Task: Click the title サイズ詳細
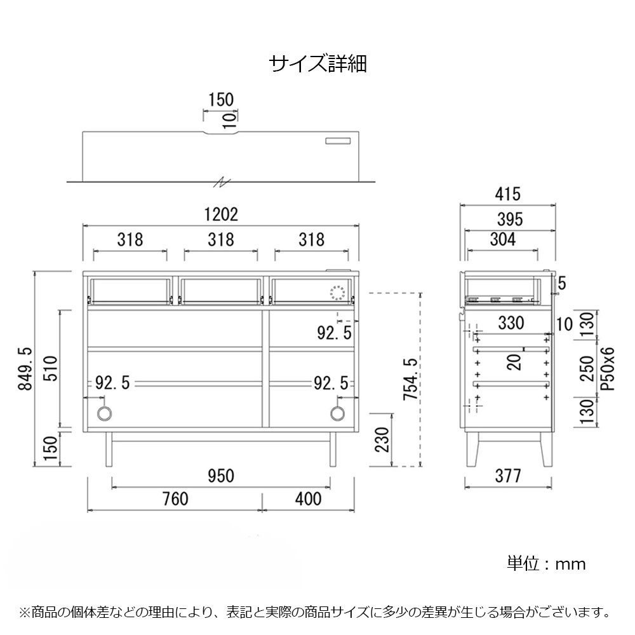[x=318, y=64]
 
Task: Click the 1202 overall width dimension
[x=221, y=215]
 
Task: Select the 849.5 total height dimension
[x=25, y=368]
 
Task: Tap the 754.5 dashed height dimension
[x=410, y=379]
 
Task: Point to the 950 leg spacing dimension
[x=221, y=476]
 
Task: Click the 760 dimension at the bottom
[x=175, y=499]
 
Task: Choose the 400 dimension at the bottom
[x=308, y=499]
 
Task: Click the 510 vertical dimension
[x=51, y=368]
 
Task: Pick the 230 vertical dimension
[x=382, y=440]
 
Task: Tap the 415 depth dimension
[x=507, y=194]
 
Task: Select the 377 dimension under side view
[x=507, y=476]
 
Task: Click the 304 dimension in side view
[x=502, y=239]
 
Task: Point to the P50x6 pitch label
[x=607, y=368]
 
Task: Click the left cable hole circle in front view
[x=105, y=413]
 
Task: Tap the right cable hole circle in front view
[x=337, y=413]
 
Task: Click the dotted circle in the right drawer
[x=337, y=293]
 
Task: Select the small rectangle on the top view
[x=338, y=140]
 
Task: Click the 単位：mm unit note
[x=546, y=564]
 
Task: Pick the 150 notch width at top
[x=221, y=100]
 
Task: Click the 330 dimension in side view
[x=511, y=323]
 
